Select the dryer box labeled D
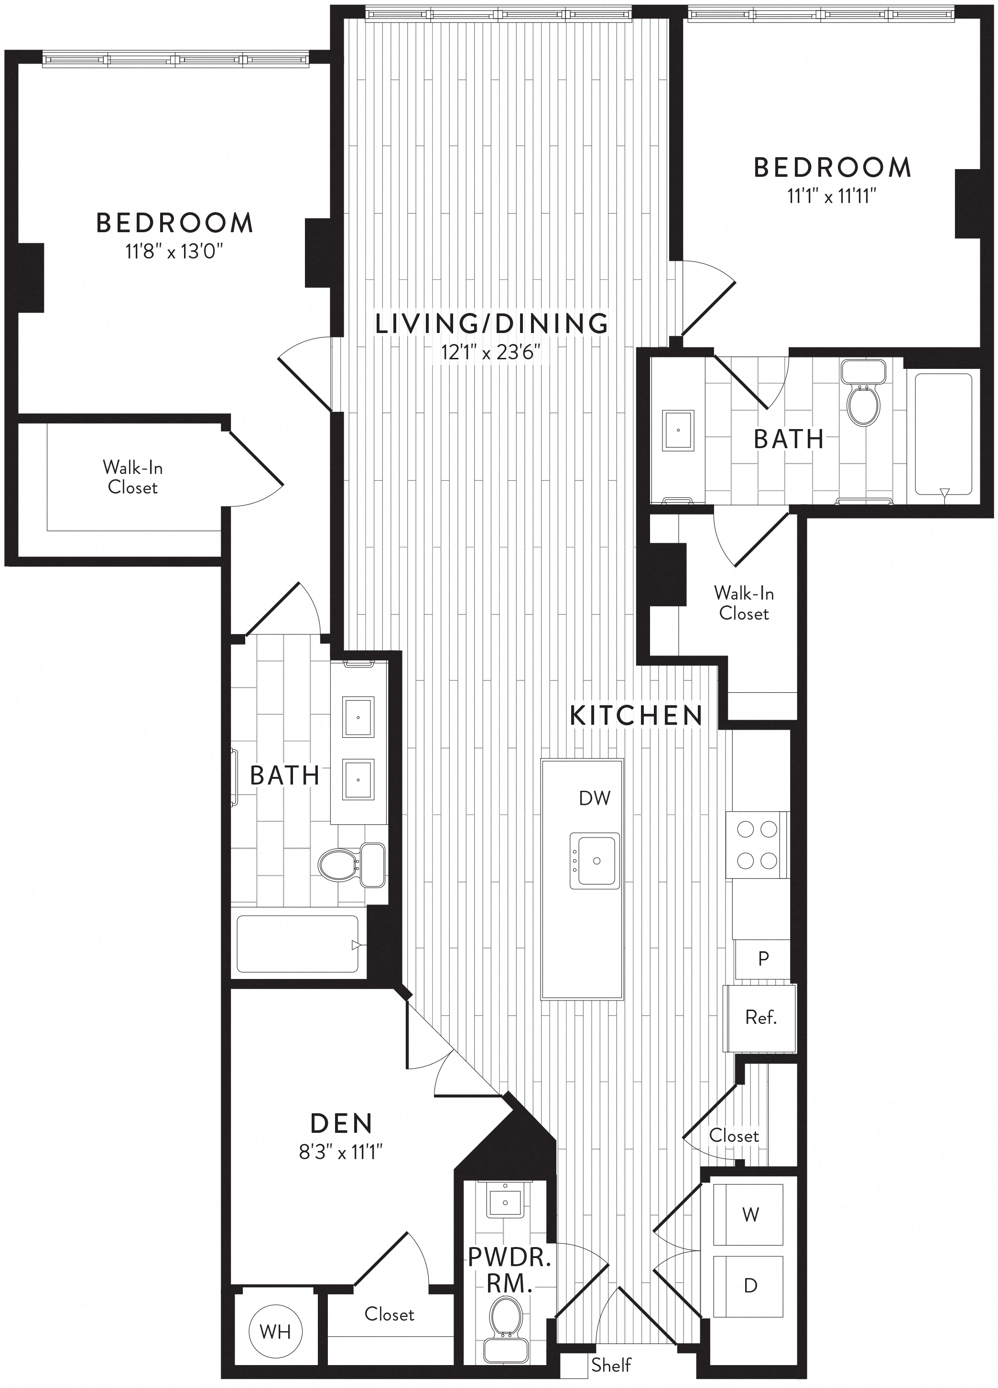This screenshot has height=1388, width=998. (749, 1286)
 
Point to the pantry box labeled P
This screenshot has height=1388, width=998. (762, 959)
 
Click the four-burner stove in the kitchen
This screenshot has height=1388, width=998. (757, 845)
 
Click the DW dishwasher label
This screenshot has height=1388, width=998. (595, 798)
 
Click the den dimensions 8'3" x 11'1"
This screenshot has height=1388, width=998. (341, 1152)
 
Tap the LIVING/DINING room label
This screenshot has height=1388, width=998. (492, 323)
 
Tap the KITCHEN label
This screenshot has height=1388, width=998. (636, 715)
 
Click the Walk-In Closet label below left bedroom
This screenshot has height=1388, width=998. (132, 477)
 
